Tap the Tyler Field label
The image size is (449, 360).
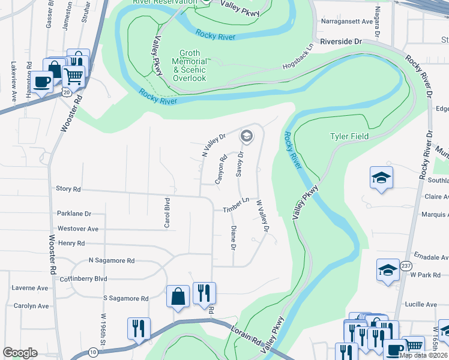pyautogui.click(x=349, y=136)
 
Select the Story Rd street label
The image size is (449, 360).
pyautogui.click(x=68, y=188)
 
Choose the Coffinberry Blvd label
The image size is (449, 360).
pyautogui.click(x=83, y=279)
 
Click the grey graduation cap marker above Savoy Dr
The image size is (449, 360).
pyautogui.click(x=246, y=137)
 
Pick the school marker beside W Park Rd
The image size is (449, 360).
pyautogui.click(x=388, y=270)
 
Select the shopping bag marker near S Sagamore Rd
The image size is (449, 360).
pyautogui.click(x=178, y=296)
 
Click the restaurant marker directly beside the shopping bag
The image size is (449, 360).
pyautogui.click(x=204, y=293)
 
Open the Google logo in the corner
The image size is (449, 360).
pyautogui.click(x=20, y=353)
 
